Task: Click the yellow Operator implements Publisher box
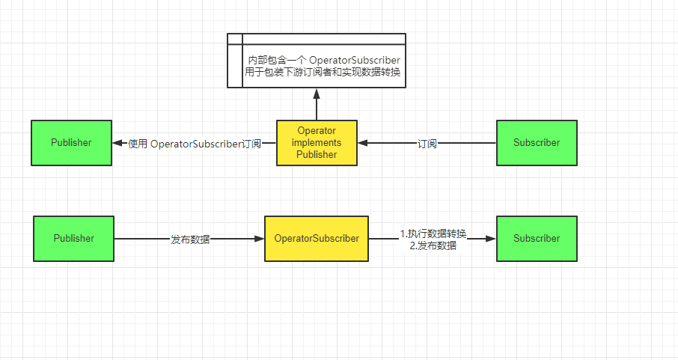click(x=317, y=142)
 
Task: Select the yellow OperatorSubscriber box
click(x=317, y=239)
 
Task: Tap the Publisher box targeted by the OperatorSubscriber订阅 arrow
click(x=71, y=142)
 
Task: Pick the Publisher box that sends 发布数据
click(x=73, y=239)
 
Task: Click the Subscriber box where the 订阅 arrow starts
click(x=537, y=142)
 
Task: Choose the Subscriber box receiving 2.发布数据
click(x=537, y=239)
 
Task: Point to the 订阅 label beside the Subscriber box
click(x=427, y=144)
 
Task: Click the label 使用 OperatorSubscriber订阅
click(x=195, y=144)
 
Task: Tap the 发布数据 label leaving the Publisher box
click(x=190, y=240)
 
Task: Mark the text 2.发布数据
click(x=433, y=245)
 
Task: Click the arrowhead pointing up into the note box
click(x=317, y=94)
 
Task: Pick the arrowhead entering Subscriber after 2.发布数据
click(x=491, y=239)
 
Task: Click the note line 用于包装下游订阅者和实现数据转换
click(x=324, y=72)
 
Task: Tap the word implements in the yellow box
click(x=317, y=142)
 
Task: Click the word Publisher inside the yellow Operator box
click(x=317, y=154)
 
